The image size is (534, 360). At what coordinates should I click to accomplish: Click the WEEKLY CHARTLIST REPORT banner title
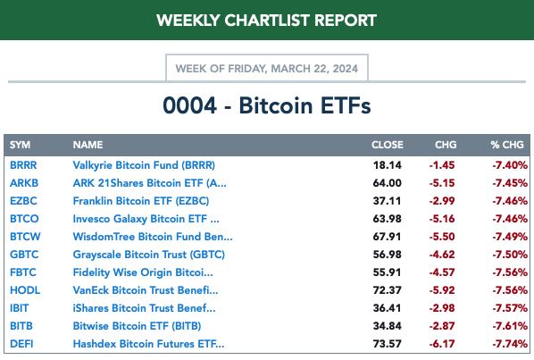tap(266, 21)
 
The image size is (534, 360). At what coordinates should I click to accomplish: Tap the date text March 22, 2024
tap(314, 69)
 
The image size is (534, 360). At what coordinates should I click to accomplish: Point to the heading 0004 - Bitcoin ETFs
tap(267, 105)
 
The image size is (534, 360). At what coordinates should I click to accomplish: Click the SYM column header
tap(21, 145)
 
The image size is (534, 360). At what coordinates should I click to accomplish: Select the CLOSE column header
tap(388, 145)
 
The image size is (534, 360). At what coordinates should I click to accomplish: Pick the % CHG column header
tap(507, 145)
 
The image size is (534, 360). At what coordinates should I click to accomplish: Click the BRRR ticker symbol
tap(23, 165)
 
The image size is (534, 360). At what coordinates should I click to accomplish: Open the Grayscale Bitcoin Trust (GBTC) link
tap(149, 255)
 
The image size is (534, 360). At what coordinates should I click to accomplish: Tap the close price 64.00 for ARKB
tap(388, 183)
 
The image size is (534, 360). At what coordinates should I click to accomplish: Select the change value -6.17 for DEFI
tap(442, 344)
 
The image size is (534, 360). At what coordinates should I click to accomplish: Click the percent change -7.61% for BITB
tap(510, 326)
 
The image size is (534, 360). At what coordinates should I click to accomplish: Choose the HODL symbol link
tap(25, 290)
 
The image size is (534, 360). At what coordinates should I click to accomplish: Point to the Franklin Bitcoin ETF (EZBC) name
tap(141, 201)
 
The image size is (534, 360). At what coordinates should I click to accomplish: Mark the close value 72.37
tap(388, 290)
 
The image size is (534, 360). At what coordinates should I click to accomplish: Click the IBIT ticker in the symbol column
tap(20, 308)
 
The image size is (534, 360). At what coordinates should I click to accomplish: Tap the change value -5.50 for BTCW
tap(442, 237)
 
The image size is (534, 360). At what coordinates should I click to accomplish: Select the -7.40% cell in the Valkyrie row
tap(510, 165)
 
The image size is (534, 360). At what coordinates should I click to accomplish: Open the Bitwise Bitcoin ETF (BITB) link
tap(137, 326)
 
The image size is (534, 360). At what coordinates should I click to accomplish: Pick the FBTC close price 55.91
tap(388, 272)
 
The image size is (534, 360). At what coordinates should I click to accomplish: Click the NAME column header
tap(88, 145)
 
